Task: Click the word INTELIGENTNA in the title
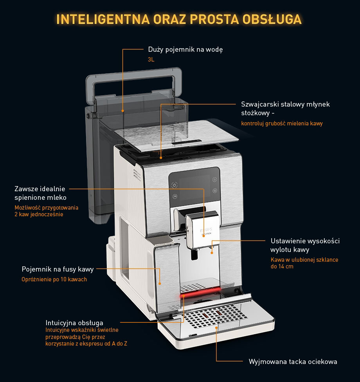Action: pos(103,19)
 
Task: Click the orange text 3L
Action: pos(151,60)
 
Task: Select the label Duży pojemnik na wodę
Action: pos(185,49)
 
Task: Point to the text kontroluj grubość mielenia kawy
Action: pos(282,123)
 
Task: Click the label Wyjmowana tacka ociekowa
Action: pos(293,362)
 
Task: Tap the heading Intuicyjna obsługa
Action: pos(74,323)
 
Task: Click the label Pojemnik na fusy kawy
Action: pos(58,269)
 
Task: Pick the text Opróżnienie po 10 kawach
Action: pos(54,279)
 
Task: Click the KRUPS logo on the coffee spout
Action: pos(206,230)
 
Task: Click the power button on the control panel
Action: pos(175,185)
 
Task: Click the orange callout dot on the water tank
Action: pos(123,111)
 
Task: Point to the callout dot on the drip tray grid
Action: pos(216,328)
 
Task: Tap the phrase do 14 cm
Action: pos(282,266)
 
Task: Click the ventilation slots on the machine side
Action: pos(137,174)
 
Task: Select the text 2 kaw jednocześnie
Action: pos(39,214)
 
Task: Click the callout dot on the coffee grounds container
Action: pos(160,284)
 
